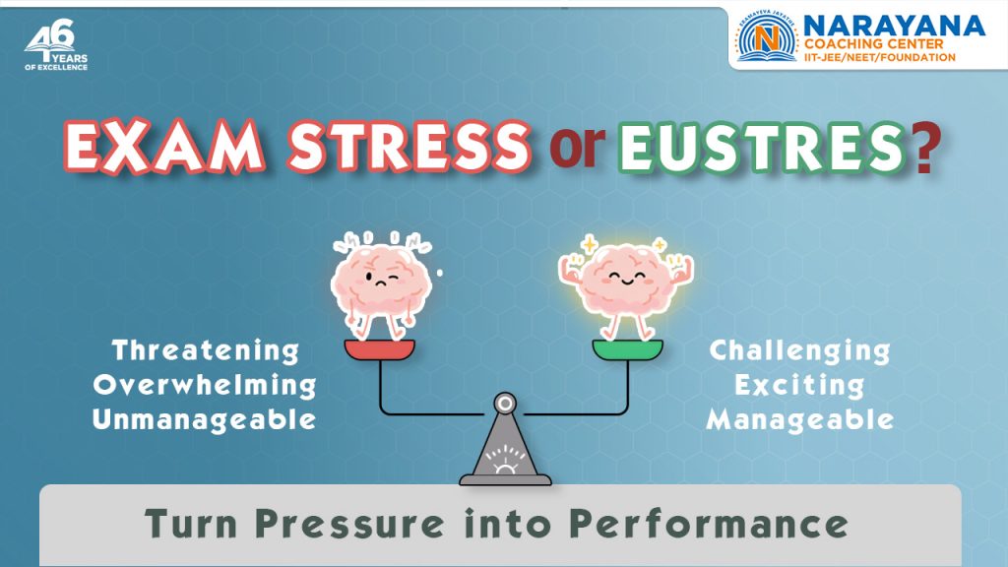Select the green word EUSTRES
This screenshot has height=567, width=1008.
[x=757, y=151]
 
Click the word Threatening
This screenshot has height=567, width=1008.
[x=205, y=350]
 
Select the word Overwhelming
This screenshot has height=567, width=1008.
[x=205, y=385]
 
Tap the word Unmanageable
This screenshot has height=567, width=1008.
[x=205, y=419]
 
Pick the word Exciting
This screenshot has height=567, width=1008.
[x=799, y=385]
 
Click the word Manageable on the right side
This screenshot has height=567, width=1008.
[x=800, y=419]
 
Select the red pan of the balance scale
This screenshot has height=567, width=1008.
[x=380, y=349]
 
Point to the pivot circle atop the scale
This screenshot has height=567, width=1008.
[x=505, y=403]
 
